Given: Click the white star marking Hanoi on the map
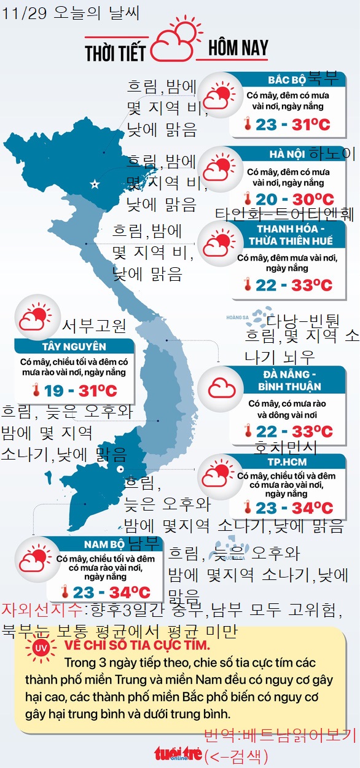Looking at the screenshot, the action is coord(95,184).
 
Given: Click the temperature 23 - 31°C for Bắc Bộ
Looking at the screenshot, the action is coord(293,125).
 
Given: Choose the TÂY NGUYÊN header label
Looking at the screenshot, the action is coord(74,347).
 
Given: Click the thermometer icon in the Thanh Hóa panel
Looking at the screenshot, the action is coord(247,285).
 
